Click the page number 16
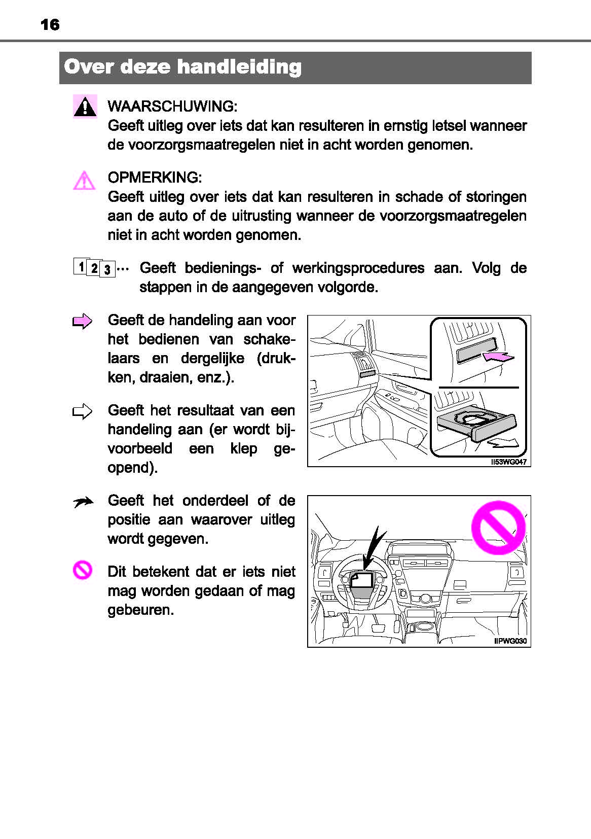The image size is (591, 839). tap(50, 24)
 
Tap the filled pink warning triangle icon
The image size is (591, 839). tap(85, 107)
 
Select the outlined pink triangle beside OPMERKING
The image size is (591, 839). tap(84, 181)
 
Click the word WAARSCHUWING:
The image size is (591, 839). tap(172, 107)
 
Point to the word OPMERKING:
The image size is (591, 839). tap(155, 178)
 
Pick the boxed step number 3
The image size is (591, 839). tap(107, 269)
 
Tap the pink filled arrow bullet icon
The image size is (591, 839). tap(83, 322)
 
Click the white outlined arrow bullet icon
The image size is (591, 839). tap(83, 411)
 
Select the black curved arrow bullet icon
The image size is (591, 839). tap(83, 502)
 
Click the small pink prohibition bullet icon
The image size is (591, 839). tap(82, 570)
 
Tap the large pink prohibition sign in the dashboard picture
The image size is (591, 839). tap(498, 528)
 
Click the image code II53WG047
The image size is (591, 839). tap(508, 462)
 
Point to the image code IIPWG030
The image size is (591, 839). tap(510, 641)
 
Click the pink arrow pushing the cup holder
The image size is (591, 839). tap(499, 357)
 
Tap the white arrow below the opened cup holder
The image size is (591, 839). tap(503, 443)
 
